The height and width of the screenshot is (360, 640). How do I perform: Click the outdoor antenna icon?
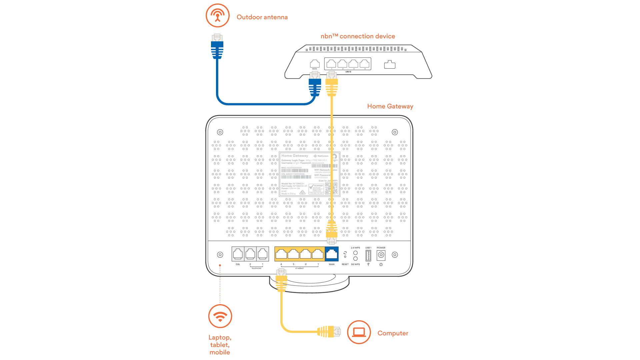coord(217,15)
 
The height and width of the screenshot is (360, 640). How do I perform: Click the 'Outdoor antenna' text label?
coord(262,17)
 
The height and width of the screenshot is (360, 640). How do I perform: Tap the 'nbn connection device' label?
coord(358,36)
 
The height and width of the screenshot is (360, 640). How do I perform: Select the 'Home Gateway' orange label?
coord(390,106)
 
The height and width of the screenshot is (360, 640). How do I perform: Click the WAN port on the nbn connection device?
coord(314,64)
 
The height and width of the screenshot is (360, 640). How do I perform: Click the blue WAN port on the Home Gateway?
coord(331,254)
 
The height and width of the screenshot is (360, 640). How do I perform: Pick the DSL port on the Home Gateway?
coord(238,254)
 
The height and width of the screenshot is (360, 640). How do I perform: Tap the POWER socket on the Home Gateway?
coord(381,255)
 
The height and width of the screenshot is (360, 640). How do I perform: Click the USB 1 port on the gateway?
coord(368,256)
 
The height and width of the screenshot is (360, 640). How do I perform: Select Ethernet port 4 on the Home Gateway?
coord(281,254)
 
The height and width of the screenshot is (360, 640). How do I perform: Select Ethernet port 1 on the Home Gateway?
coord(318,254)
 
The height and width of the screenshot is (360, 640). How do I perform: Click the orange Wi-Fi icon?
coord(220,316)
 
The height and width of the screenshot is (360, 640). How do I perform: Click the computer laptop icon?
coord(359,332)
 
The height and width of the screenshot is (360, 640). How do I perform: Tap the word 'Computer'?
coord(393,333)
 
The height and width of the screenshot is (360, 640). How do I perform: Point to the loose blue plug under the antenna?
coord(217,47)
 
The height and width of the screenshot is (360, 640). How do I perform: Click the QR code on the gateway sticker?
coord(331,188)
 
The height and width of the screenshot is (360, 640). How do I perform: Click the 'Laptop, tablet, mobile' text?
coord(220,345)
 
